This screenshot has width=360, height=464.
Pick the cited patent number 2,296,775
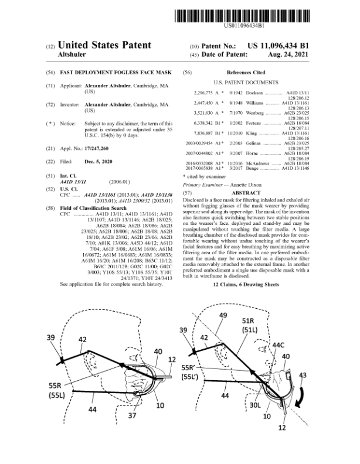point(206,93)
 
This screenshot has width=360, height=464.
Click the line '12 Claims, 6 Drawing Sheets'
point(254,284)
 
